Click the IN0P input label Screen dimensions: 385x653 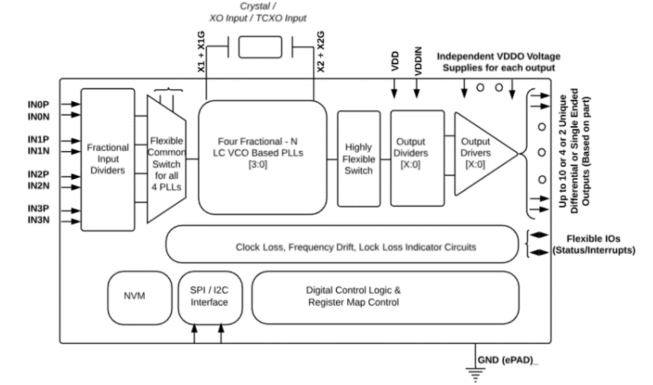tap(38, 104)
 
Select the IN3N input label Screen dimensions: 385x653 tap(38, 222)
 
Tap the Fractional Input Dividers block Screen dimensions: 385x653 tap(108, 159)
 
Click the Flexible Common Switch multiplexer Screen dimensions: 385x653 tap(167, 159)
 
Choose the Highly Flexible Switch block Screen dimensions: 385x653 tap(359, 158)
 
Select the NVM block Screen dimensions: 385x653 tap(134, 297)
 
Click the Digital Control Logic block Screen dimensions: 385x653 tap(353, 297)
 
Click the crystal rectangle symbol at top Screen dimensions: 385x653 tap(260, 47)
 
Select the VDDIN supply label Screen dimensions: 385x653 tap(417, 64)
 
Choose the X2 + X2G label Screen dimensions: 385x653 tap(320, 53)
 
